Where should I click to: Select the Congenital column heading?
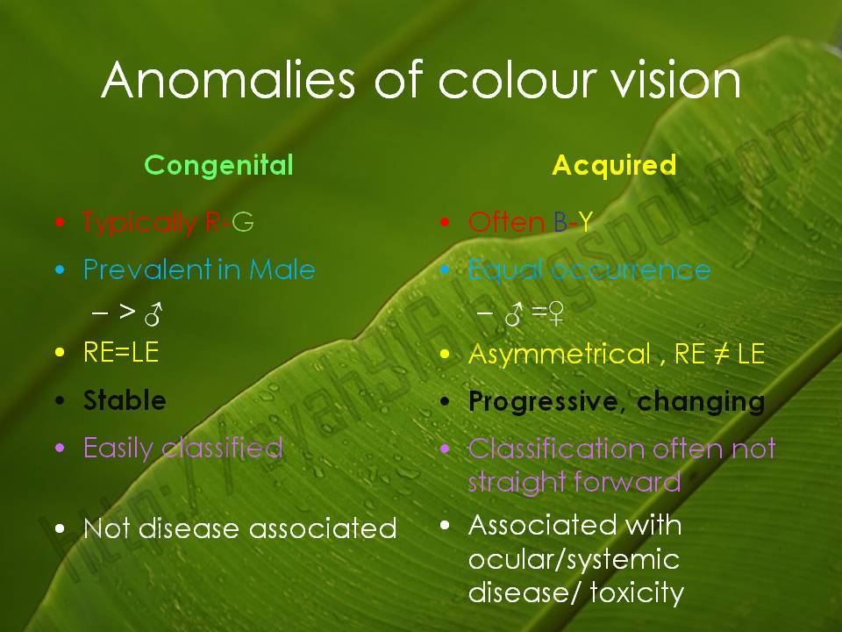(x=218, y=165)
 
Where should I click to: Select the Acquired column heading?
(x=614, y=165)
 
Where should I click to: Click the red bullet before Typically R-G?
(x=60, y=223)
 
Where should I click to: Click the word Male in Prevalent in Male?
(x=282, y=269)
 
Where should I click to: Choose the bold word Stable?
(x=125, y=401)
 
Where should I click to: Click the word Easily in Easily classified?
(x=119, y=448)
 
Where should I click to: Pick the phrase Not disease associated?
(x=239, y=528)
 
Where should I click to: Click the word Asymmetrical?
(x=560, y=355)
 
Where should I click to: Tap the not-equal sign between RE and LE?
(x=722, y=355)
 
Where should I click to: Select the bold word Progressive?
(x=546, y=401)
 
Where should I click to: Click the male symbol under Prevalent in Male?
(x=153, y=312)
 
